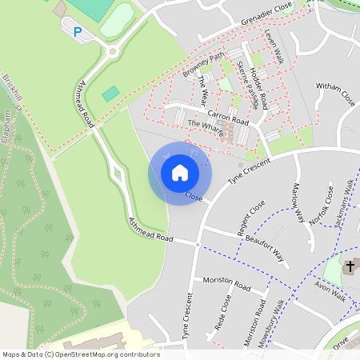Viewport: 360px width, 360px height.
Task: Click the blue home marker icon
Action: [x=180, y=172]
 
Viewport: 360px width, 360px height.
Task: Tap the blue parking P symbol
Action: [x=78, y=32]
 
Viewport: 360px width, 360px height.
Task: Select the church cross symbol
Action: [x=350, y=265]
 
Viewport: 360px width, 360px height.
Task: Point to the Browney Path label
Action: [x=204, y=66]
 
